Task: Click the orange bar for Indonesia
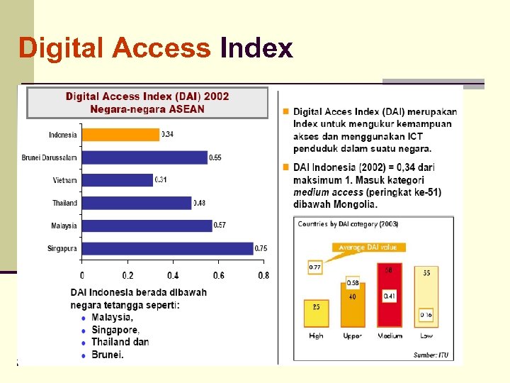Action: tap(120, 135)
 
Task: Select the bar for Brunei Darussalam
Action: tap(144, 157)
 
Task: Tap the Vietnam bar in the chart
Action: tap(118, 180)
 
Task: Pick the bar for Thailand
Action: tap(137, 203)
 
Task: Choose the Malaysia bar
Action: tap(147, 226)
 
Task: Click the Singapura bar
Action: tap(167, 248)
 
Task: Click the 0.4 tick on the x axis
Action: tap(173, 275)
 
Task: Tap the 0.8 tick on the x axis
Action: tap(263, 275)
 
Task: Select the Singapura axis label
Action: tap(63, 249)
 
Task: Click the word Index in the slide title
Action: tap(256, 48)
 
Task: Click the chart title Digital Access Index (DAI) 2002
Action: tap(147, 96)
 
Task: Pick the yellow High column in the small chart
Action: tap(316, 313)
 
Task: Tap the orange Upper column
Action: tap(353, 304)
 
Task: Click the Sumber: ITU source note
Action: tap(431, 355)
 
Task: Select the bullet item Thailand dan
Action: tap(120, 342)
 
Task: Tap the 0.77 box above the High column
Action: tap(315, 267)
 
